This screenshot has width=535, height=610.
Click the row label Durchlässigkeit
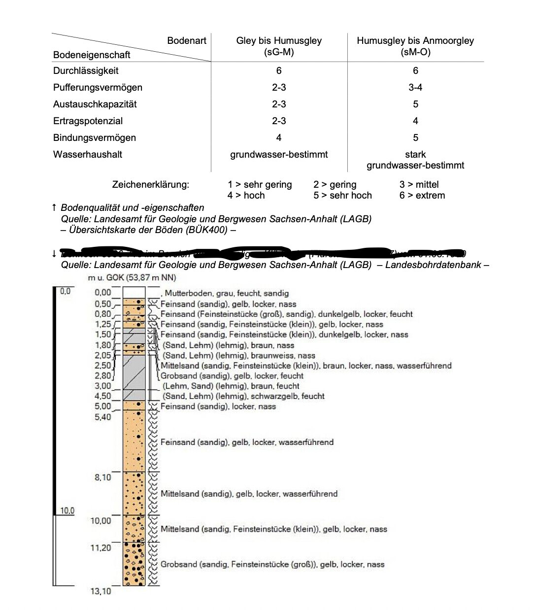(x=86, y=71)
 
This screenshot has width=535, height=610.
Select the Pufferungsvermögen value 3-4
(x=415, y=88)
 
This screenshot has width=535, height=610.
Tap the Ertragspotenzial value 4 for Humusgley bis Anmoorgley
(x=415, y=121)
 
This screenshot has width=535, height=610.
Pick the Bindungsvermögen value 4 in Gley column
(x=279, y=138)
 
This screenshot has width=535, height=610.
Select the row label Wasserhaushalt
(x=88, y=155)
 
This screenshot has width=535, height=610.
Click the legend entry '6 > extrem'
(x=422, y=196)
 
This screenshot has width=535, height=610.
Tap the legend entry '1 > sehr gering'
(x=260, y=185)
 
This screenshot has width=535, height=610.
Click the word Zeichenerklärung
(x=150, y=185)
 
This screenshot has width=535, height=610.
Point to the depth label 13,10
(x=100, y=591)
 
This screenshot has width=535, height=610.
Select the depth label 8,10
(x=102, y=477)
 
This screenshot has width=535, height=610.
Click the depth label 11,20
(x=100, y=548)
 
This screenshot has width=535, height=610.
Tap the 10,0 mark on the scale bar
(x=67, y=510)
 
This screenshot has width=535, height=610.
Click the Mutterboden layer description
(x=227, y=294)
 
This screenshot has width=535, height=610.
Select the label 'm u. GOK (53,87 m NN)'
(x=132, y=278)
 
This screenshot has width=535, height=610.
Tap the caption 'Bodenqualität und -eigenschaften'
(x=132, y=208)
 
